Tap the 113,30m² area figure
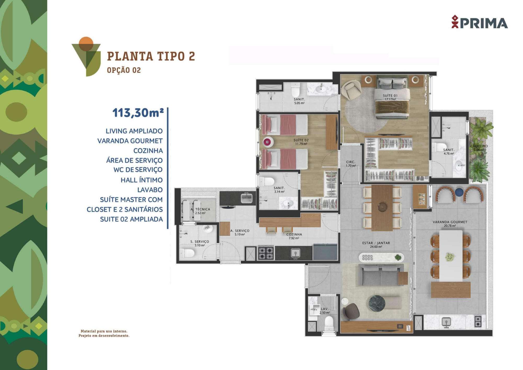click(138, 113)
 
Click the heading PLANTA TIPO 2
click(151, 56)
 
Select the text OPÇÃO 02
click(124, 70)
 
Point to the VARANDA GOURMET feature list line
click(130, 141)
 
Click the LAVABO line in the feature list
click(150, 190)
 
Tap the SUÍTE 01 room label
click(390, 96)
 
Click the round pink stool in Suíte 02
click(267, 142)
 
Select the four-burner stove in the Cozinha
click(266, 253)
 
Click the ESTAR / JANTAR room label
click(376, 243)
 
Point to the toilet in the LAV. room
click(329, 324)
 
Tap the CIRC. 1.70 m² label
click(351, 164)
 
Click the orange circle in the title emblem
click(86, 43)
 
